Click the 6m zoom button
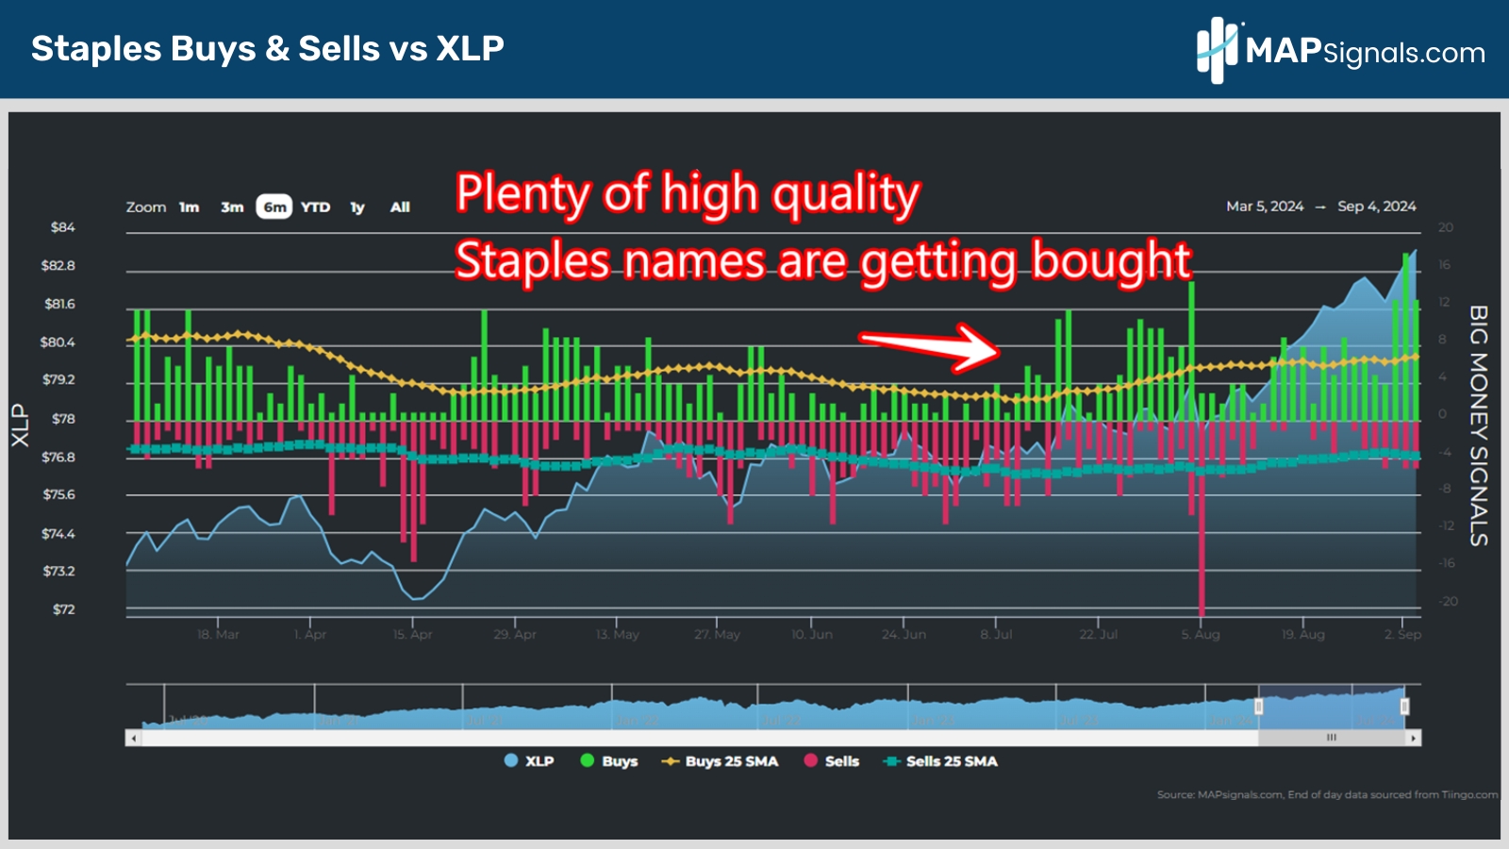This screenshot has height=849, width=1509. [x=274, y=207]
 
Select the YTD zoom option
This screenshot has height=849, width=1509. [x=316, y=207]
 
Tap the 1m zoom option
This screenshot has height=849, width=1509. [x=190, y=207]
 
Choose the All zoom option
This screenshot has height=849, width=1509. [x=400, y=207]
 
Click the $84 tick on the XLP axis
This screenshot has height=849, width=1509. [x=63, y=227]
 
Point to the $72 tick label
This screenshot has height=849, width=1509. [x=63, y=609]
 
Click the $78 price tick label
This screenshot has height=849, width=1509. [x=63, y=418]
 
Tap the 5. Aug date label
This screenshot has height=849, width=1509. [x=1201, y=634]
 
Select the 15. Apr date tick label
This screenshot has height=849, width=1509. [x=412, y=634]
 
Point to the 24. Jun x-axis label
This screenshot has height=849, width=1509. [x=904, y=634]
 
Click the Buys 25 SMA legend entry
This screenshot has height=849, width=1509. [x=721, y=761]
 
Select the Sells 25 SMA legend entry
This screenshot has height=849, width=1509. [x=940, y=761]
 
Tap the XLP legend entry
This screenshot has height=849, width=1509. [x=529, y=761]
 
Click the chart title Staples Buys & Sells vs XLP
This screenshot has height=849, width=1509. [x=268, y=48]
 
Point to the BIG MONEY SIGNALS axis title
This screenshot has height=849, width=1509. [x=1478, y=425]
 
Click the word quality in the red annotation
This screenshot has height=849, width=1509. [x=846, y=194]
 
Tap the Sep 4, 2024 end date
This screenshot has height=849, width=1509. [x=1376, y=207]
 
